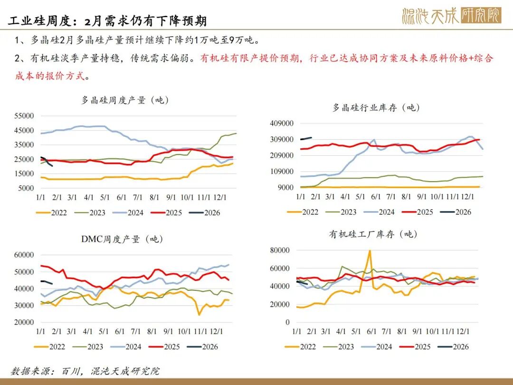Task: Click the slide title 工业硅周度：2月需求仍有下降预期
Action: pyautogui.click(x=108, y=21)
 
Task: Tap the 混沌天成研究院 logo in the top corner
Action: pyautogui.click(x=451, y=16)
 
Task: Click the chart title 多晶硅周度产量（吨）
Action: pyautogui.click(x=125, y=100)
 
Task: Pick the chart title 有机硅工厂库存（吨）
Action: pyautogui.click(x=373, y=234)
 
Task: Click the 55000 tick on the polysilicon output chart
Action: pyautogui.click(x=24, y=116)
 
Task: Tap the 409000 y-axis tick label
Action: pyautogui.click(x=281, y=124)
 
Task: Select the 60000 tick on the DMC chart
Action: pyautogui.click(x=24, y=255)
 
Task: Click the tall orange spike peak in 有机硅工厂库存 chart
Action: pyautogui.click(x=370, y=251)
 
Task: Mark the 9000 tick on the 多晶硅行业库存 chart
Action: pyautogui.click(x=285, y=188)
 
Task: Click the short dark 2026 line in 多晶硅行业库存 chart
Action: pyautogui.click(x=306, y=138)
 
